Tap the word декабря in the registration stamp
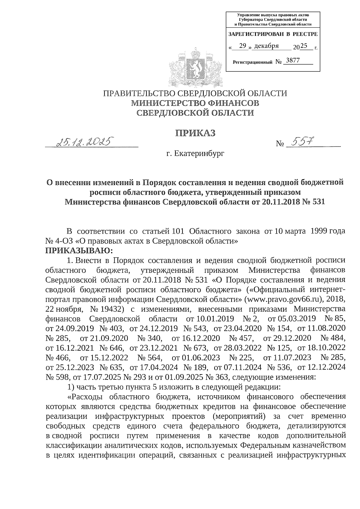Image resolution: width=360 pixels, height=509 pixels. [266, 46]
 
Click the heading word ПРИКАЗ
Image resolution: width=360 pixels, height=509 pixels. [195, 133]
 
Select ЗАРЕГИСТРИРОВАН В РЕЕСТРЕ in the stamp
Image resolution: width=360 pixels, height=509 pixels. [273, 34]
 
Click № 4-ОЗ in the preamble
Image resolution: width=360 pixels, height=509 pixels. [57, 241]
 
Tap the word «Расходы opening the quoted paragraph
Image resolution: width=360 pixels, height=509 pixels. [86, 397]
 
